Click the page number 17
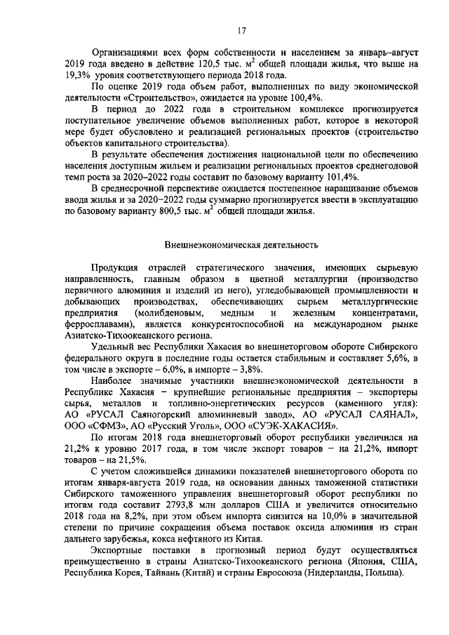(x=241, y=30)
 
